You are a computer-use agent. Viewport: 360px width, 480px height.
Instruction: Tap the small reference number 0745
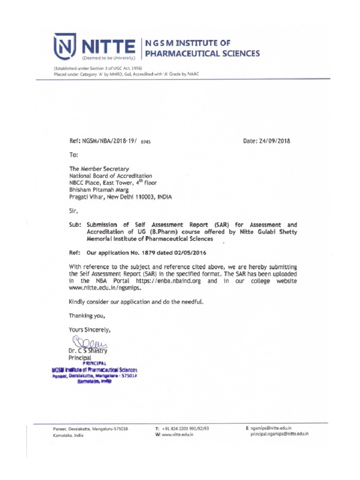pyautogui.click(x=147, y=142)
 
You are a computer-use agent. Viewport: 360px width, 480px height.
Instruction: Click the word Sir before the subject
pyautogui.click(x=74, y=211)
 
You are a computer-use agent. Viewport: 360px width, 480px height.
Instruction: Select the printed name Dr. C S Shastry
pyautogui.click(x=88, y=351)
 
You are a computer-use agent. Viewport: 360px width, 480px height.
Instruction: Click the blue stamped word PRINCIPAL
pyautogui.click(x=95, y=363)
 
